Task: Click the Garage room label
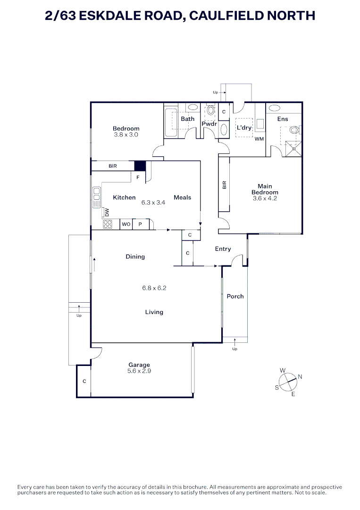pos(139,365)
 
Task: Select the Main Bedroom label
pos(265,189)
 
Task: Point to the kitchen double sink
pos(96,197)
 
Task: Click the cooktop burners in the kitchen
pos(108,224)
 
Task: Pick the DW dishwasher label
pos(107,212)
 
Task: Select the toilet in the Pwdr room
pos(211,110)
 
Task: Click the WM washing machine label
pos(260,139)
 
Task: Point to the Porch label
pos(235,296)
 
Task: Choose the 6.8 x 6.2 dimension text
pos(154,288)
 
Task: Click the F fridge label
pos(138,177)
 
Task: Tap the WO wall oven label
pos(126,224)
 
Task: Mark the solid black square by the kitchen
pos(140,166)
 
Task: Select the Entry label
pos(223,249)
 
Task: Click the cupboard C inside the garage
pos(84,381)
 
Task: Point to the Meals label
pos(182,197)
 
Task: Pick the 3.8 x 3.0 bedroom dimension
pos(126,135)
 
